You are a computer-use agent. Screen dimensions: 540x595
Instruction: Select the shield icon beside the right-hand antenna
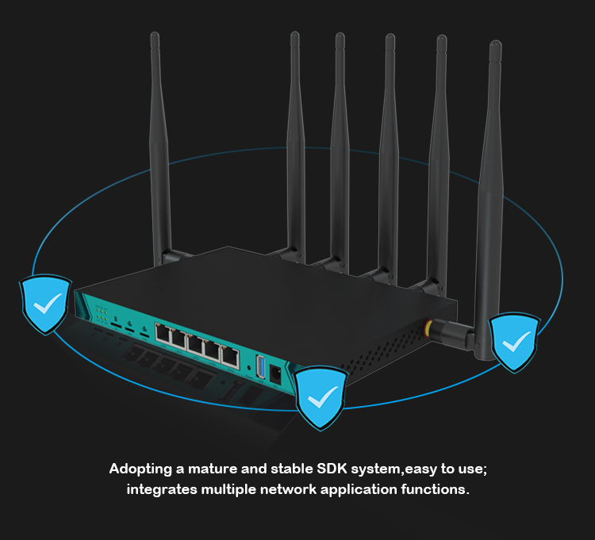(514, 343)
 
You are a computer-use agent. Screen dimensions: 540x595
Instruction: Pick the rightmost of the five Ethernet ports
(230, 356)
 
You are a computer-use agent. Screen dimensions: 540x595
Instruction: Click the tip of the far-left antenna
(155, 38)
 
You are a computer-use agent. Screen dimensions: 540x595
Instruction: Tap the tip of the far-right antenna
(495, 46)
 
